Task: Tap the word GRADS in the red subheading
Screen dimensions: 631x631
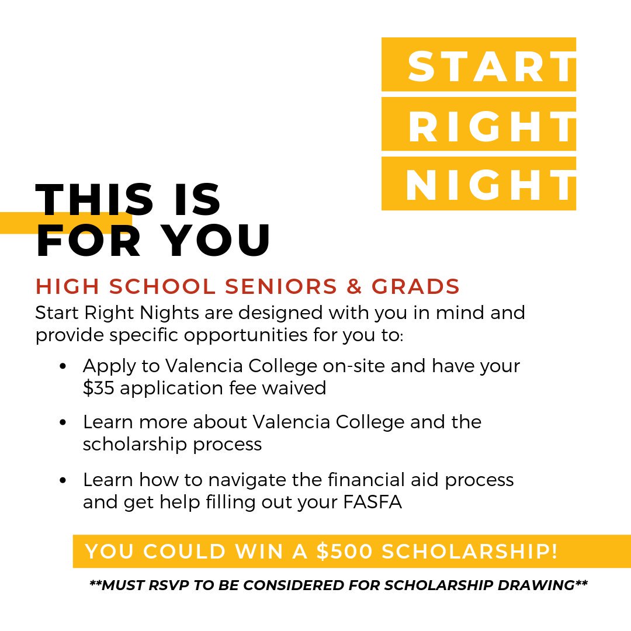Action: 416,287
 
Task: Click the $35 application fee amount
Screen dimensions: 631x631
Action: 98,389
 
